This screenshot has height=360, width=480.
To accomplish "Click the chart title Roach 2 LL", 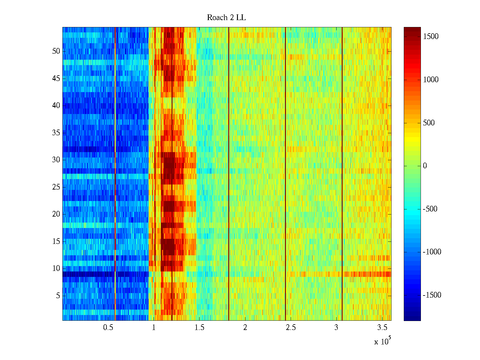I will tap(226, 18).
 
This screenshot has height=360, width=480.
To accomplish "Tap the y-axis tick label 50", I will tap(56, 51).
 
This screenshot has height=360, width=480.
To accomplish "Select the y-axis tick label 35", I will tap(56, 133).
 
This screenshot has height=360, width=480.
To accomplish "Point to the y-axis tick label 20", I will tap(56, 214).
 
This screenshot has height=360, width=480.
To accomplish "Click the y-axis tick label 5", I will tap(58, 295).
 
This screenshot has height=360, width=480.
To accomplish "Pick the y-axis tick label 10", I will tap(56, 268).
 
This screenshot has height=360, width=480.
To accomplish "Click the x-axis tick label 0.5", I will tap(108, 327).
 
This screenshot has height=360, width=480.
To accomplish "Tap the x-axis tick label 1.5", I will tap(199, 327).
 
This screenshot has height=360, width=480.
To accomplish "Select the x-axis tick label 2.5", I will tap(291, 327).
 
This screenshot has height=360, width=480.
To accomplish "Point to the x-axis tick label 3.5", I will tap(382, 327).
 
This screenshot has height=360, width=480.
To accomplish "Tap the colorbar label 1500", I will tap(431, 37).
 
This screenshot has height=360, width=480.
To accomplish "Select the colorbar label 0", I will tap(425, 166).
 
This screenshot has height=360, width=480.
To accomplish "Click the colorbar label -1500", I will tap(432, 295).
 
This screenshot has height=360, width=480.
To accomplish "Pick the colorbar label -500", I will tap(430, 209).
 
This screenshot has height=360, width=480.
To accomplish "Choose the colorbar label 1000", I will tap(431, 80).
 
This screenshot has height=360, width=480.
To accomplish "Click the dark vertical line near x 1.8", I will tap(229, 174).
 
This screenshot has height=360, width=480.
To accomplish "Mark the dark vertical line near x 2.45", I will tap(285, 174).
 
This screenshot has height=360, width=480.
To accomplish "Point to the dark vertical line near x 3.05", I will tap(342, 174).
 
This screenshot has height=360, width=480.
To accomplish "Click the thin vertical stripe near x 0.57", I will tap(115, 174).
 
